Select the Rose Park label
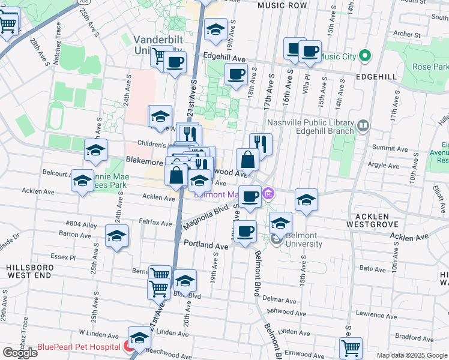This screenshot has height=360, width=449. click(431, 67)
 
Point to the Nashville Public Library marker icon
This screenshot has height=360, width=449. click(363, 125)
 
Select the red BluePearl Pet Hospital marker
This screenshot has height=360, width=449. click(128, 346)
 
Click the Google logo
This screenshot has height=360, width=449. click(20, 353)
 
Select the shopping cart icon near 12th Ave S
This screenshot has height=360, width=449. click(351, 347)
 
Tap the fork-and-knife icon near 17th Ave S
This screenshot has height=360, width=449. click(261, 143)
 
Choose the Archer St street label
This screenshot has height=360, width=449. click(405, 34)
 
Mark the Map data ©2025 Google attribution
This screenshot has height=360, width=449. click(412, 355)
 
